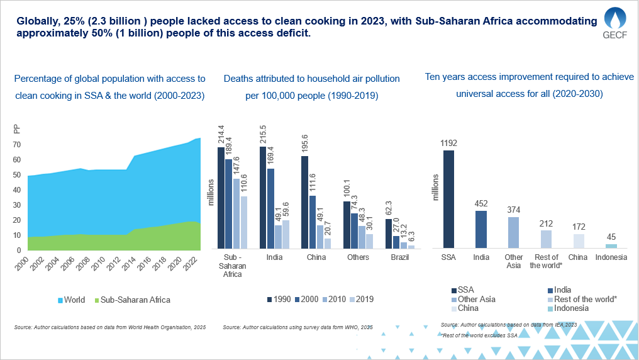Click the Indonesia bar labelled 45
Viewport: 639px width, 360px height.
(611, 245)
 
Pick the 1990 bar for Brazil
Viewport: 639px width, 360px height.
(389, 225)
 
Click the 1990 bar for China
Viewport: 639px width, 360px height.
(304, 202)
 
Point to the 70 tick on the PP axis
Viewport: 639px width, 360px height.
(18, 144)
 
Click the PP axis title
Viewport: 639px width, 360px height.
(17, 130)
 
